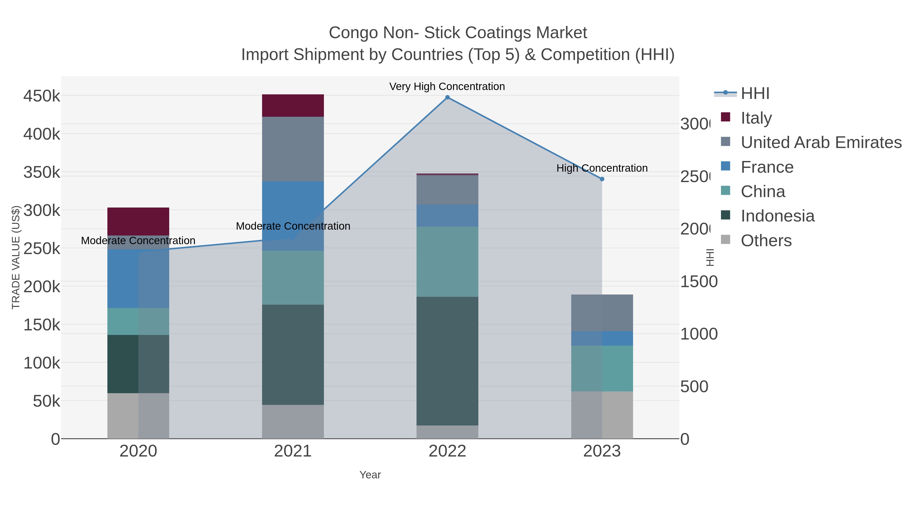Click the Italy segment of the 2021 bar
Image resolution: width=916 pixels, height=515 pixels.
[x=293, y=106]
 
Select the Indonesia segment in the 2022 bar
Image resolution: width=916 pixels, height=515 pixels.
[x=447, y=361]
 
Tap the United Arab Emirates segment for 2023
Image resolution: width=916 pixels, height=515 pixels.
[x=602, y=313]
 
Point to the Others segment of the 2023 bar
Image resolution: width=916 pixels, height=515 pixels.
[x=602, y=415]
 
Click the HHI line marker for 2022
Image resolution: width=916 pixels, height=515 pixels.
[x=447, y=97]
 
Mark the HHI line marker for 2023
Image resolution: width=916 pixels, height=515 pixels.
[x=602, y=179]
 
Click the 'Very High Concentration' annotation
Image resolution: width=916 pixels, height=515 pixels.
[x=447, y=86]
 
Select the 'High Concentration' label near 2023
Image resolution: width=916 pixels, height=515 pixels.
[x=602, y=168]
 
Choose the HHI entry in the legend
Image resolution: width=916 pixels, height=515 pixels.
[x=755, y=94]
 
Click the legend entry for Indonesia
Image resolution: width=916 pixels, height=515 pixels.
[x=777, y=216]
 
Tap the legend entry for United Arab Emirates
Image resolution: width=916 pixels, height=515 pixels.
[x=821, y=142]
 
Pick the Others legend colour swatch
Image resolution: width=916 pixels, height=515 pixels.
[x=725, y=240]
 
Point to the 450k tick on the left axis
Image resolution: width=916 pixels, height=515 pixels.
[x=42, y=96]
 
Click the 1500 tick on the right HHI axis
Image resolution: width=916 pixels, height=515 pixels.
[x=699, y=282]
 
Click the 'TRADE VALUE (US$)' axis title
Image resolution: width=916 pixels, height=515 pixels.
[x=16, y=257]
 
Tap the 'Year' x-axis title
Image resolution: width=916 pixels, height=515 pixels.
[x=370, y=475]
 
